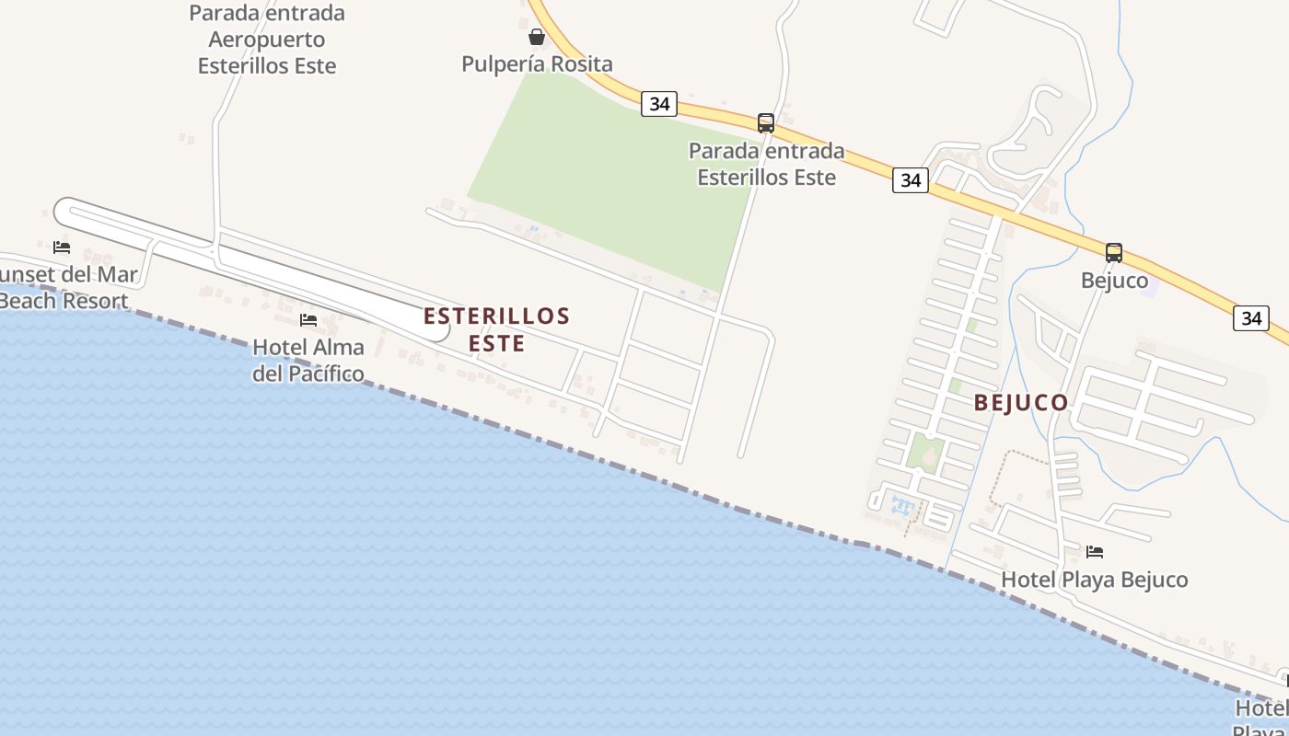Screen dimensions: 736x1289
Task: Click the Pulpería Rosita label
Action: [x=537, y=64]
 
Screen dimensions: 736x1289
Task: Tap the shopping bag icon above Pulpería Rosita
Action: [x=537, y=38]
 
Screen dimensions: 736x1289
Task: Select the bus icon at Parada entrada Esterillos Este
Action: [x=765, y=122]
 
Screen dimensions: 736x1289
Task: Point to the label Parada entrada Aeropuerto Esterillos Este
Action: [x=267, y=40]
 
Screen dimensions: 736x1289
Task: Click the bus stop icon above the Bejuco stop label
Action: [x=1114, y=252]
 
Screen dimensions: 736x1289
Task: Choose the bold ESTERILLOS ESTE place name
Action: [x=497, y=329]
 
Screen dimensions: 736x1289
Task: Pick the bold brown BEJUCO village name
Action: [x=1021, y=403]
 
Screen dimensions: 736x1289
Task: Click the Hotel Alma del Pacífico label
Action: [x=308, y=360]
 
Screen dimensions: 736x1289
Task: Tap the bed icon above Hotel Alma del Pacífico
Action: [x=308, y=320]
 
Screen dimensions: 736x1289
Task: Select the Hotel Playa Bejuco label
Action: [x=1094, y=580]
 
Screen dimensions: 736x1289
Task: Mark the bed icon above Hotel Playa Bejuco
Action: [x=1095, y=552]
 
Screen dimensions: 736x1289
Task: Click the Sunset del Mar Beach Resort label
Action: [x=66, y=287]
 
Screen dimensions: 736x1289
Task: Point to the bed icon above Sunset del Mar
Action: [x=62, y=247]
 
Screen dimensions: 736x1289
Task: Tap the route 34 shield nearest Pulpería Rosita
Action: [x=659, y=104]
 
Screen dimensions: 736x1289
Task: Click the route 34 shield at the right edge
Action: [x=1251, y=318]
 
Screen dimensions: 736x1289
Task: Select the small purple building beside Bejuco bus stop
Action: [x=1148, y=286]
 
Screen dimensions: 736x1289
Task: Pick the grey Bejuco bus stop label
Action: [x=1114, y=280]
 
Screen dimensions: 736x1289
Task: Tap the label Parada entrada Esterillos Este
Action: [x=766, y=164]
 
